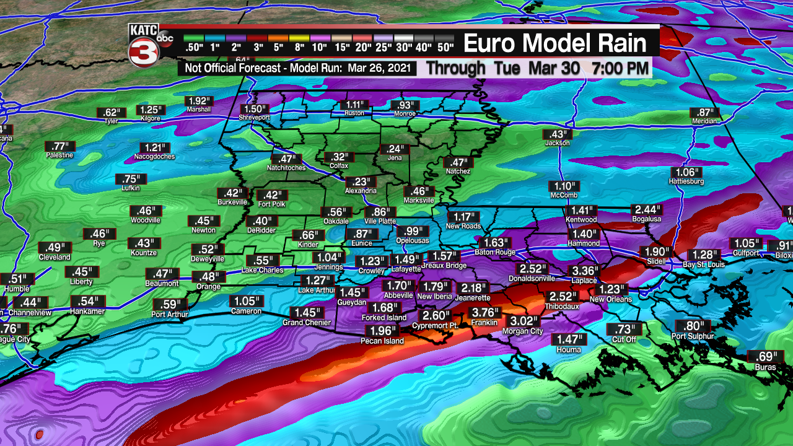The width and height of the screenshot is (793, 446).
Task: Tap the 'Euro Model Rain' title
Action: click(x=554, y=43)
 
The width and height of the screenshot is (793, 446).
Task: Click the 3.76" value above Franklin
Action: click(x=486, y=312)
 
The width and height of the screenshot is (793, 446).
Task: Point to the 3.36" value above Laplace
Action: click(x=584, y=271)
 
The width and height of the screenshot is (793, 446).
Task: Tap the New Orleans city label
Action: click(x=610, y=299)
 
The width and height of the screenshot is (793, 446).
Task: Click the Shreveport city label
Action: click(x=255, y=116)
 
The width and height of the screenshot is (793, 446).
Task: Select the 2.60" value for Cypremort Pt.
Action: click(x=436, y=315)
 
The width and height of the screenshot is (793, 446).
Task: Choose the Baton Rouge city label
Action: click(x=495, y=252)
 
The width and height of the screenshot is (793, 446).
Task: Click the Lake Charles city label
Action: click(x=262, y=270)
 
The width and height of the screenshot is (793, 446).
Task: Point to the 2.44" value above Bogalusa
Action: click(x=646, y=209)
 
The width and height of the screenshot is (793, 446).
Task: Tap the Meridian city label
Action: click(x=705, y=121)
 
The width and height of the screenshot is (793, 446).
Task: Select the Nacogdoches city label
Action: click(x=154, y=157)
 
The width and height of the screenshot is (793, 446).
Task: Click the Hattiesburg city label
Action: click(x=686, y=181)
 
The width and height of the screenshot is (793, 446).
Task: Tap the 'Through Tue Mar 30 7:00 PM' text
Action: click(x=537, y=68)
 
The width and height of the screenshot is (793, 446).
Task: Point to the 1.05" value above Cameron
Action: click(x=246, y=301)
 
